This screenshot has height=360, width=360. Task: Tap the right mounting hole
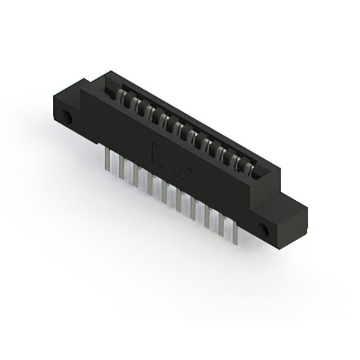(x=262, y=229)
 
